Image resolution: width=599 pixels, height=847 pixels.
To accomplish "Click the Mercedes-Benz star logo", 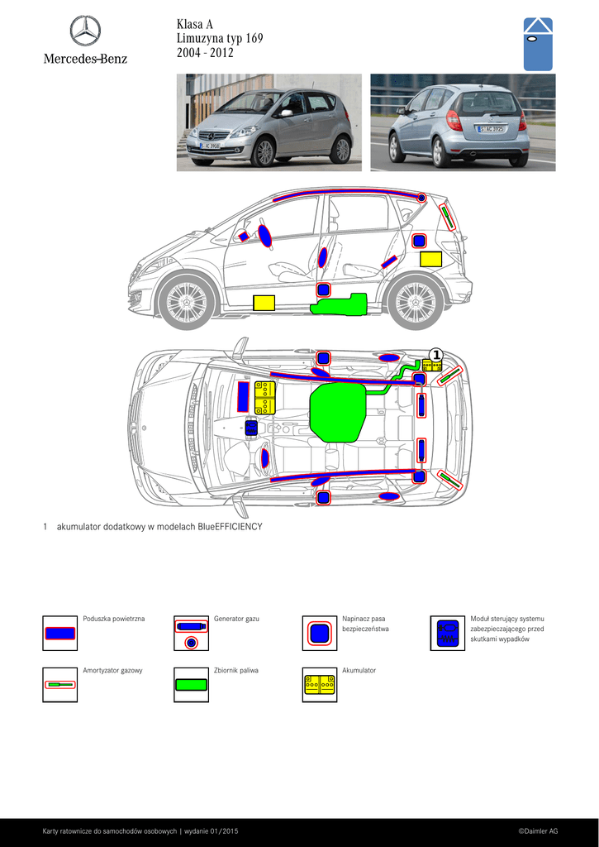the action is tap(85, 31).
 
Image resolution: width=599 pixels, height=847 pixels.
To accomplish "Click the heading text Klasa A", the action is tap(195, 24).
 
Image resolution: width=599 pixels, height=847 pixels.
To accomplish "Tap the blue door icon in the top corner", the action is tap(538, 45).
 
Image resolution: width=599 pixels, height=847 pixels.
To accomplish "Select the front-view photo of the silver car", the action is tap(269, 122).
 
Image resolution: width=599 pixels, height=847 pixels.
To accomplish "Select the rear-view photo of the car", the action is tap(463, 122).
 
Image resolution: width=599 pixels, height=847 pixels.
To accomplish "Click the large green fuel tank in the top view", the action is tap(337, 414).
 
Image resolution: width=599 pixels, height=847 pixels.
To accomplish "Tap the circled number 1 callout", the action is tap(436, 355).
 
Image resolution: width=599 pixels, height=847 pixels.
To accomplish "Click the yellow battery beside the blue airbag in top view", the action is tap(265, 398).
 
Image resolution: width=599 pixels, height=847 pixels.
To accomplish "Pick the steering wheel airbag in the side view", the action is tap(264, 236).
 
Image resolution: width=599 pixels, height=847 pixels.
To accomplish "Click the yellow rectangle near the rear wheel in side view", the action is tap(431, 259).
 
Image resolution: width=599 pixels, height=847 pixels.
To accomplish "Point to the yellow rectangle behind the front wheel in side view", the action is tap(264, 303).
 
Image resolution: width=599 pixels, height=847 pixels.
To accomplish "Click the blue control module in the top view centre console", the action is tap(251, 428).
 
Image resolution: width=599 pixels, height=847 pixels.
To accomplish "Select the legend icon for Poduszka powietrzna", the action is tap(59, 633).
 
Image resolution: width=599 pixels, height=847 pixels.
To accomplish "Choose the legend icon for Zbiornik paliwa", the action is tap(192, 685).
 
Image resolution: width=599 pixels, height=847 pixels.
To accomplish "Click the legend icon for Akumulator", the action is tap(320, 685).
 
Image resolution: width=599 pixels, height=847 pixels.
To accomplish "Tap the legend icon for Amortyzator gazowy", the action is tap(59, 685).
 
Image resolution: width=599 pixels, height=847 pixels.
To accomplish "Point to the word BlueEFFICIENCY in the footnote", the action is tap(231, 527).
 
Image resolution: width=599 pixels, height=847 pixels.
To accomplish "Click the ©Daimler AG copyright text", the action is tap(538, 831).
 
